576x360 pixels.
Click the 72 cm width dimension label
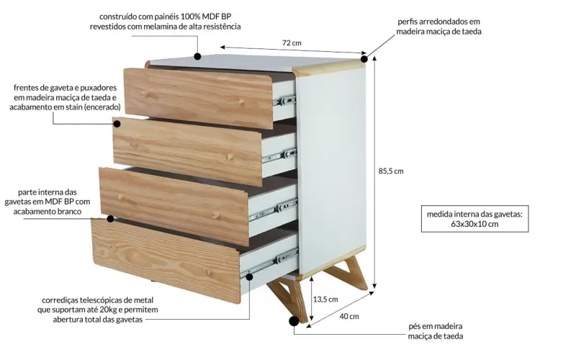coord(291,43)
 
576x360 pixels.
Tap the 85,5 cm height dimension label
coord(391,171)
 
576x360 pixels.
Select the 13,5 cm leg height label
coord(325,299)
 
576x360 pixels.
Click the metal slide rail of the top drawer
coord(285,97)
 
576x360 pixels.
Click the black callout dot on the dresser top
coord(197,55)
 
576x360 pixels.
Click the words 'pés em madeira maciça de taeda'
coord(435,330)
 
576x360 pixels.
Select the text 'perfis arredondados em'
coord(438,22)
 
